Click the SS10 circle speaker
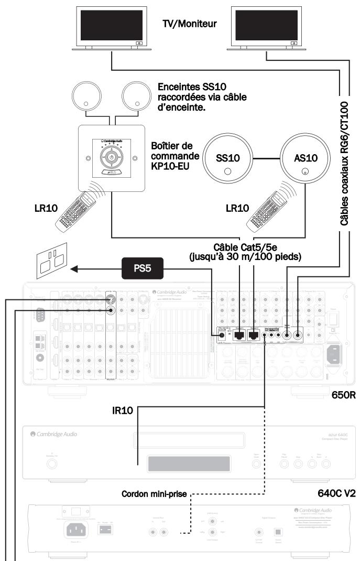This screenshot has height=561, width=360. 227,159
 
